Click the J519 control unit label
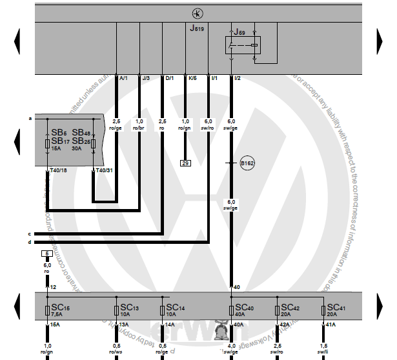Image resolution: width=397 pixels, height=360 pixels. pyautogui.click(x=196, y=29)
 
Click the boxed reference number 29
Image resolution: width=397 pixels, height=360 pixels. pyautogui.click(x=185, y=163)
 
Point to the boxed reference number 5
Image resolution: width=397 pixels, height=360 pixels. pyautogui.click(x=46, y=254)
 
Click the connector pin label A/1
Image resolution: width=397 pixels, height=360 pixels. pyautogui.click(x=124, y=78)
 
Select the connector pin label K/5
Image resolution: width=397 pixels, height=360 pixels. pyautogui.click(x=192, y=78)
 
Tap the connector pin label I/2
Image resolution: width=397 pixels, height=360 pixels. pyautogui.click(x=237, y=78)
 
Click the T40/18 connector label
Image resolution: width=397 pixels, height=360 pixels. pyautogui.click(x=59, y=170)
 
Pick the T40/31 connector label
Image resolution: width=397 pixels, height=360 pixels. pyautogui.click(x=104, y=170)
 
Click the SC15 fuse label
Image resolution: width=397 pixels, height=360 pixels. pyautogui.click(x=61, y=308)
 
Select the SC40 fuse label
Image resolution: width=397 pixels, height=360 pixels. pyautogui.click(x=245, y=308)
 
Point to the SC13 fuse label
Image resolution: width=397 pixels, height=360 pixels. pyautogui.click(x=128, y=308)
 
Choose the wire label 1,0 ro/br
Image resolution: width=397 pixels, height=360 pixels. pyautogui.click(x=139, y=125)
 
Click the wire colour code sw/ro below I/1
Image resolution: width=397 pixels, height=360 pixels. pyautogui.click(x=208, y=128)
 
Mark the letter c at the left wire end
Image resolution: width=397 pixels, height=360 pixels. pyautogui.click(x=30, y=234)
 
